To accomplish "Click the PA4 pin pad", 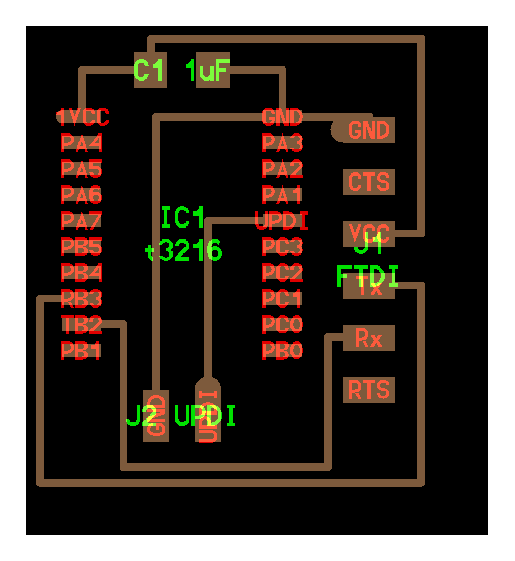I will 82,142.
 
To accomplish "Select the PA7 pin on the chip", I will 82,221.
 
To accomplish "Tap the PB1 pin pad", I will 82,351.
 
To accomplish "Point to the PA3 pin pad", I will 282,142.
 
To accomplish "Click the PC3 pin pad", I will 282,247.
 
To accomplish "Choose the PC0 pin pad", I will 282,325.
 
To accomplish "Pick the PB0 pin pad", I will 282,351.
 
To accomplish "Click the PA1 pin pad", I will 282,195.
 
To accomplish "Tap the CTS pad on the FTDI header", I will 369,182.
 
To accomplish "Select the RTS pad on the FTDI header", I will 369,390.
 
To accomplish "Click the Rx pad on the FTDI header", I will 369,338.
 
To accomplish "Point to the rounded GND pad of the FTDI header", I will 364,130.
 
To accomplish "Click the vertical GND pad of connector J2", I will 156,416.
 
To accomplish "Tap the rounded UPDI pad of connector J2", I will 208,410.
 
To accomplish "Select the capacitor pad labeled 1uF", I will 213,70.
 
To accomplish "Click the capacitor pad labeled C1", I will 151,70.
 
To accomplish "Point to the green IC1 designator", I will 183,218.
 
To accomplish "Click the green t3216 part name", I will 184,251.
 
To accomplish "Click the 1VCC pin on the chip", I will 83,117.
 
